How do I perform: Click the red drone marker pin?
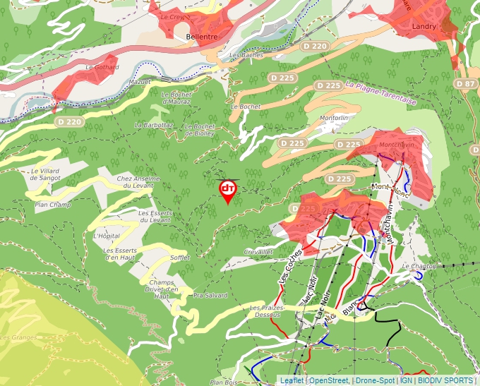pos(227,190)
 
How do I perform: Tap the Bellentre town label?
pos(200,36)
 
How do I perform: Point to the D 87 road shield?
pos(466,84)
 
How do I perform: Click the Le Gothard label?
pos(102,67)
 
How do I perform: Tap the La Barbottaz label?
pos(154,125)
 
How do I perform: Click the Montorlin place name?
pos(335,118)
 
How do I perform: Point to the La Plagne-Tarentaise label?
pos(381,93)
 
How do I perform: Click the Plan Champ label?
pos(53,205)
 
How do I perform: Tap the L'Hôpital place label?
pos(107,236)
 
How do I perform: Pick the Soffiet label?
pos(180,258)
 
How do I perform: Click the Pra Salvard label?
pos(210,296)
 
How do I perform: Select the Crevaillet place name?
pos(258,251)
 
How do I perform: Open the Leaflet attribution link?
pos(292,380)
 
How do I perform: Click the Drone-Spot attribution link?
pos(375,380)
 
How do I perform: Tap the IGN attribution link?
pos(407,380)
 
